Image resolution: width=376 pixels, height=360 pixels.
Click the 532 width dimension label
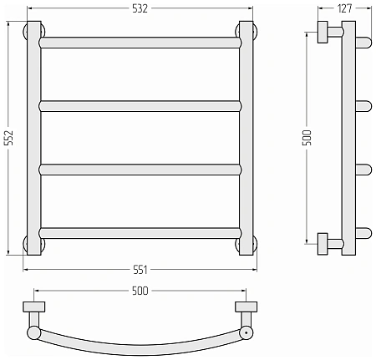tap(140, 8)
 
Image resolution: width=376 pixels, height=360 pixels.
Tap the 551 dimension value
tap(140, 270)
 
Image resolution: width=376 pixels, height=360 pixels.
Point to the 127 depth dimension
tap(345, 8)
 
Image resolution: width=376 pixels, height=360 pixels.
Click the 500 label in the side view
tap(307, 138)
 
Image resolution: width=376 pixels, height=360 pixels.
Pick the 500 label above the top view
tap(140, 291)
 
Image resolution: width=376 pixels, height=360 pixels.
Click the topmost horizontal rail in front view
tap(140, 43)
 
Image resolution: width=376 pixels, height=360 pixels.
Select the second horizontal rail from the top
tap(140, 106)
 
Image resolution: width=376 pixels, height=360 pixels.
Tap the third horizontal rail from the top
tap(140, 170)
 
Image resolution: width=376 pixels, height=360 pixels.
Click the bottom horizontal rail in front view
tap(140, 233)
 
